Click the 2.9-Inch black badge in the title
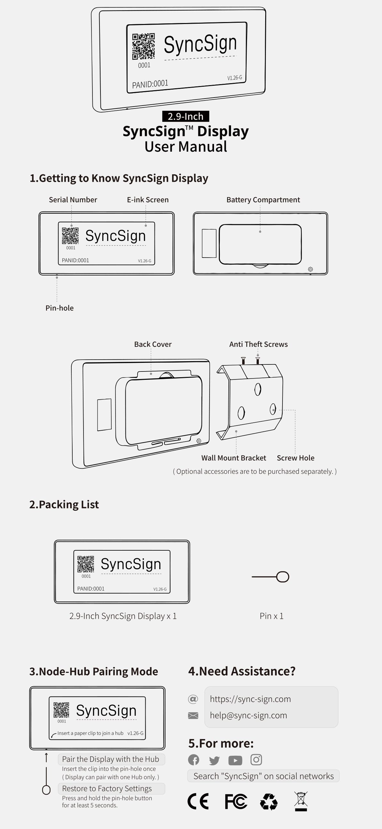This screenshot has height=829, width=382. (x=185, y=116)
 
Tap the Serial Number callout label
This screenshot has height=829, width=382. (x=73, y=200)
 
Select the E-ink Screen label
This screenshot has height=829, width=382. (x=147, y=200)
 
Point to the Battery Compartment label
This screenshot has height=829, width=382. (x=263, y=200)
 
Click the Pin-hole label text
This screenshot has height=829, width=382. (x=60, y=308)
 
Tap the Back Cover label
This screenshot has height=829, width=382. (x=153, y=344)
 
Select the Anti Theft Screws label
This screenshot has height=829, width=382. (x=258, y=344)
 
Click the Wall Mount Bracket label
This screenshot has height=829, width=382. (x=234, y=458)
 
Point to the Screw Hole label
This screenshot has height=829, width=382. (x=295, y=458)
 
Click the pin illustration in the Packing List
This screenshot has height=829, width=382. (x=271, y=577)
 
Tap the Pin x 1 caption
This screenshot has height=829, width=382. (x=271, y=616)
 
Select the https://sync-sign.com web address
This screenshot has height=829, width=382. (x=250, y=699)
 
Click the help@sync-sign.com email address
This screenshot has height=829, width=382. (x=248, y=715)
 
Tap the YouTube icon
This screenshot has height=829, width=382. (x=235, y=760)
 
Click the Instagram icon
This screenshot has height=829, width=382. (x=256, y=760)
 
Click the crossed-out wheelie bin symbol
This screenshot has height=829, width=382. (x=301, y=801)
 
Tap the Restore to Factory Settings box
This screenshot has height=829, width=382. (x=111, y=788)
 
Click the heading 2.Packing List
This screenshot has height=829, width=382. (x=64, y=504)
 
